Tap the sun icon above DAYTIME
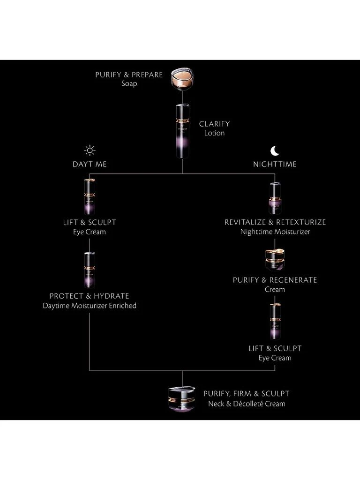coord(90,150)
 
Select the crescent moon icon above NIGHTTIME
coord(275,150)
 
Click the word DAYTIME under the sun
coord(90,164)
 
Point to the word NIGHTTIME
coord(275,164)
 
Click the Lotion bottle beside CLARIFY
coord(182,130)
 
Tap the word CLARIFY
coord(214,124)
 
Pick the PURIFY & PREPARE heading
coord(129,75)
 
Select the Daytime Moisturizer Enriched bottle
coord(90,270)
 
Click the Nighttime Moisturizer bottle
coord(275,198)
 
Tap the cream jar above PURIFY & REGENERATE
coord(275,260)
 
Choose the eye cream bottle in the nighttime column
coord(275,321)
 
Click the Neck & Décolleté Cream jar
coord(181,398)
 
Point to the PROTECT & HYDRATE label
coord(90,296)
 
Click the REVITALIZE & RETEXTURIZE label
coord(275,222)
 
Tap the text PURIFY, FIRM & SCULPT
coord(246,394)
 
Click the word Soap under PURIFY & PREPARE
coord(129,84)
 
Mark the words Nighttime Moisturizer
coord(275,232)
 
